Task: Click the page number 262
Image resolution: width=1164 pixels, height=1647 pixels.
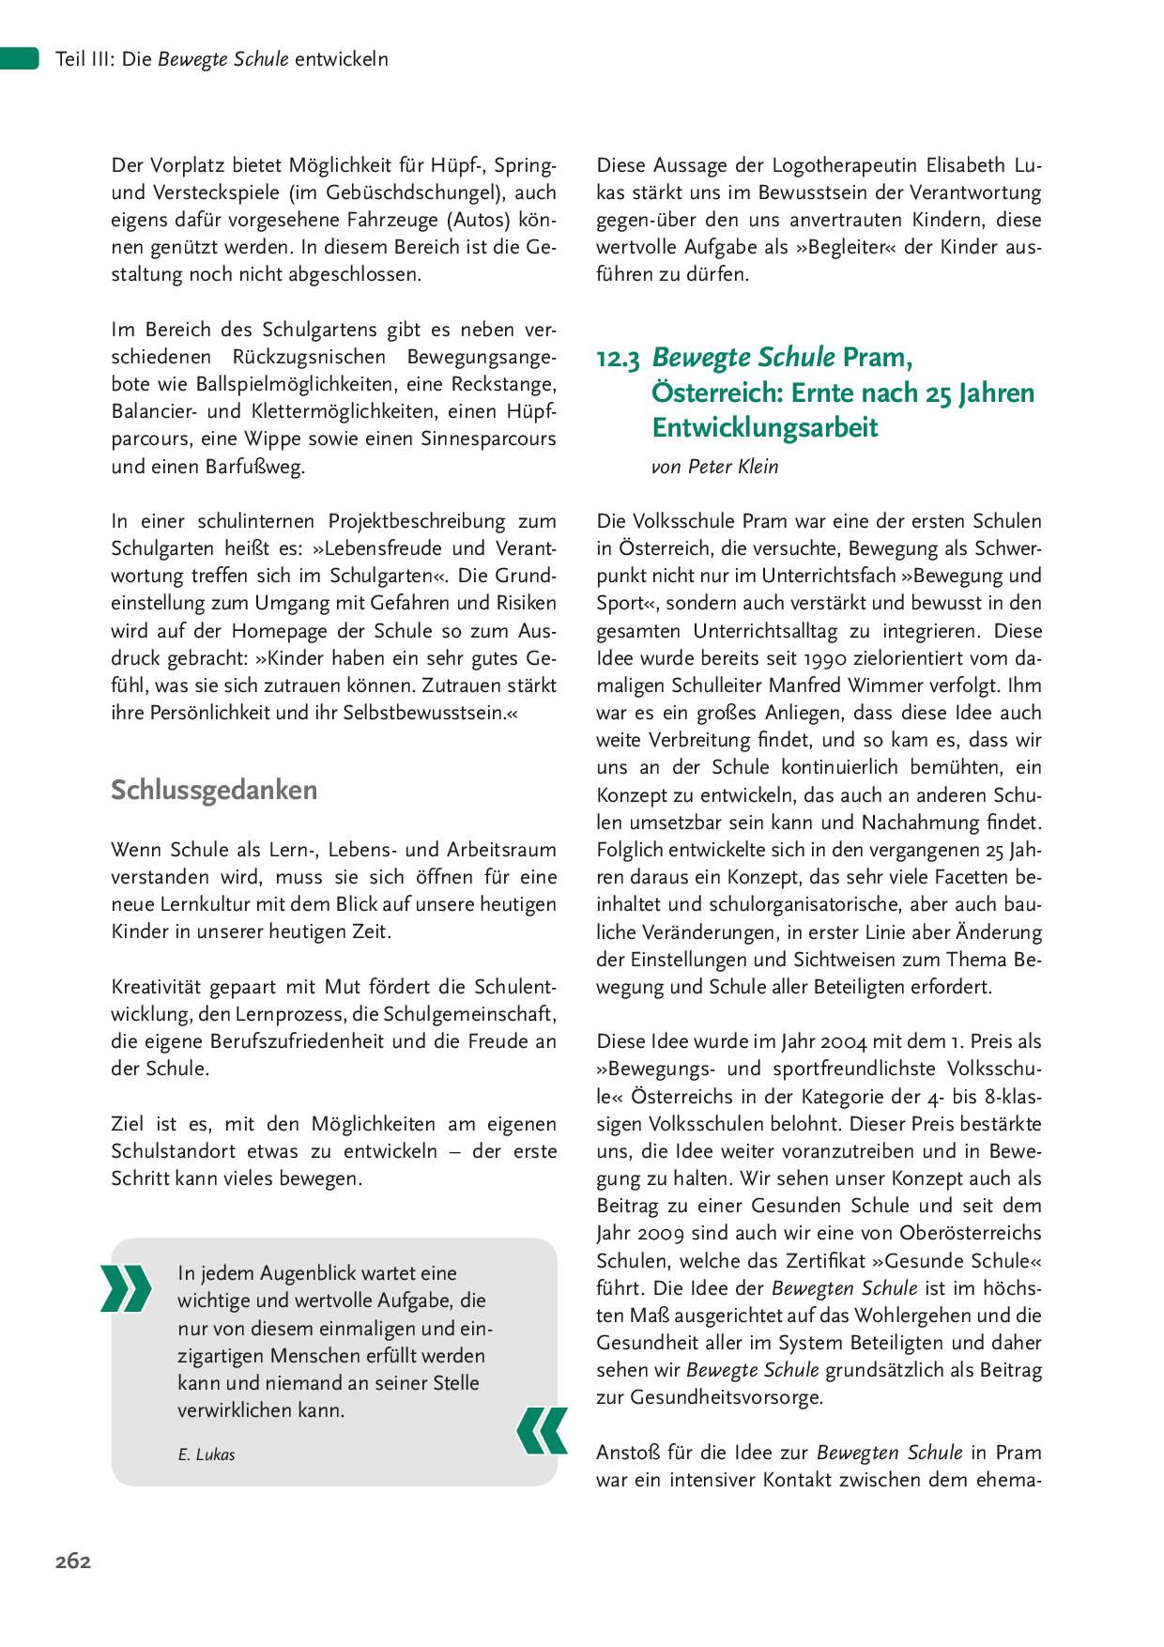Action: pos(73,1561)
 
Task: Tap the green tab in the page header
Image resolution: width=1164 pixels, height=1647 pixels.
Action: pos(19,58)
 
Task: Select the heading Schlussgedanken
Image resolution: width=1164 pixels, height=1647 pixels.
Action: pos(214,790)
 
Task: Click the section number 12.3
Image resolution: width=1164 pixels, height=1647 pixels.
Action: pos(618,359)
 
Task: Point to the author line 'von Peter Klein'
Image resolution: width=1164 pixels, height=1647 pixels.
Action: pos(714,467)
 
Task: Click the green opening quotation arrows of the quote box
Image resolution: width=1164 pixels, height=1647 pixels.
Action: pos(126,1287)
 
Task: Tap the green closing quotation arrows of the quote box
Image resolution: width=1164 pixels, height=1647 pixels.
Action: pos(543,1431)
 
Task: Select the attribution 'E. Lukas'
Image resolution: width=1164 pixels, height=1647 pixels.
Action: pos(207,1455)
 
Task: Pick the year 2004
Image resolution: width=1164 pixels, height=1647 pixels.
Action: pos(843,1041)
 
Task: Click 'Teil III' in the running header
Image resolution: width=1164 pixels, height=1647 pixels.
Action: pos(84,59)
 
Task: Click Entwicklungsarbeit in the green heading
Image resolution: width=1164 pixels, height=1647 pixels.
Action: pos(765,427)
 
